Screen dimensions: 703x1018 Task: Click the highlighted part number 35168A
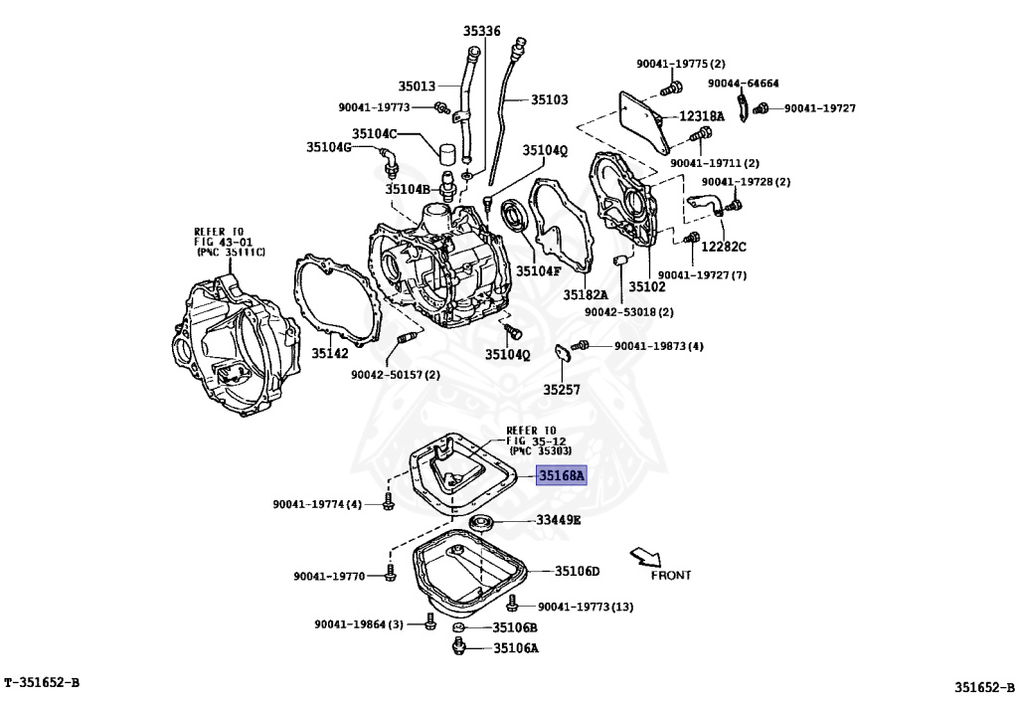point(563,475)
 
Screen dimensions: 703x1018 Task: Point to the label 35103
point(549,99)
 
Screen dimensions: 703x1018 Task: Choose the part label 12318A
point(702,116)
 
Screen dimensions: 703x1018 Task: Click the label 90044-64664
point(744,84)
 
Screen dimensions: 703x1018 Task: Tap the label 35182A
point(586,294)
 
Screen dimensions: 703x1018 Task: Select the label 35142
point(329,352)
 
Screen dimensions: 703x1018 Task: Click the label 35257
point(561,389)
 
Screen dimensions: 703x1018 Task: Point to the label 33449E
point(559,520)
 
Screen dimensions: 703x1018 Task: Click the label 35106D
point(577,571)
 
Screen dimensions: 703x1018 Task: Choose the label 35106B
point(516,627)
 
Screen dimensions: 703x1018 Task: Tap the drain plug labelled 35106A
point(460,648)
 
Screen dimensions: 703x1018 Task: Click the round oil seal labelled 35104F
point(514,215)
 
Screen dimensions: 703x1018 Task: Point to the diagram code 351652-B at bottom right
point(985,685)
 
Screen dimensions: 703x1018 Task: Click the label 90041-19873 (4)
point(658,346)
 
